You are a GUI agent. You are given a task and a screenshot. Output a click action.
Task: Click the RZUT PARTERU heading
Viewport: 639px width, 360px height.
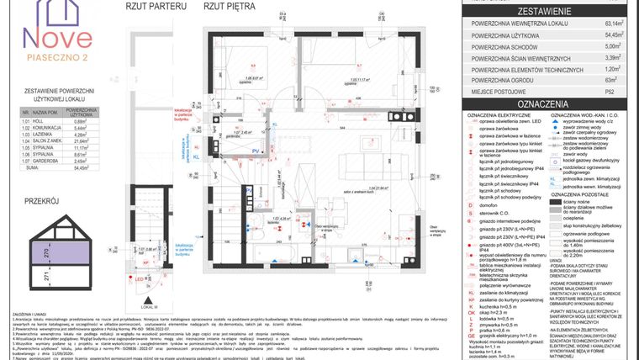click(x=156, y=6)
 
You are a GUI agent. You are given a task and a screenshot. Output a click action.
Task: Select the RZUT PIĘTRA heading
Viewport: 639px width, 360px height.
click(x=231, y=6)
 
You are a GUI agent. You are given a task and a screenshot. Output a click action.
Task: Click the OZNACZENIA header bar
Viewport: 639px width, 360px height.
click(x=552, y=103)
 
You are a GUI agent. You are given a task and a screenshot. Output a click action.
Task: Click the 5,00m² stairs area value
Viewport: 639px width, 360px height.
click(x=616, y=47)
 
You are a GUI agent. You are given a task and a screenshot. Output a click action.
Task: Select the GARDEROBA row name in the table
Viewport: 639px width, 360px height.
click(x=47, y=161)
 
